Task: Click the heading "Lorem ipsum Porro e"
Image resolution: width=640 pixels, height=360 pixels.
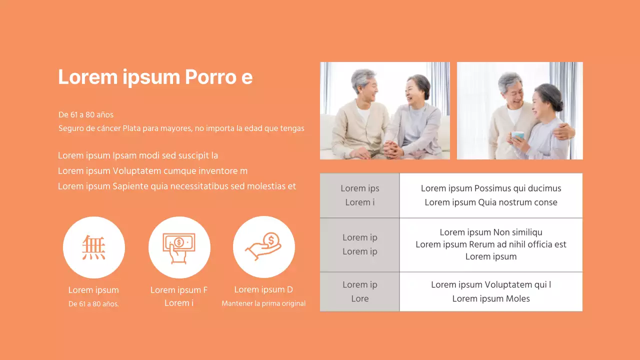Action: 155,77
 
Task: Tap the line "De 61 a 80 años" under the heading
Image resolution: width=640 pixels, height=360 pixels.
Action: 86,115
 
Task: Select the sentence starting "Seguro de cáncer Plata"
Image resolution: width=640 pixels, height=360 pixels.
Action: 181,128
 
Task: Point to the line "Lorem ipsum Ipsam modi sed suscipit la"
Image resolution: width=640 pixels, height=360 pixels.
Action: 138,155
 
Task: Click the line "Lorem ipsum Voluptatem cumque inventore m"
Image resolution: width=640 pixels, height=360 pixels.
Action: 152,171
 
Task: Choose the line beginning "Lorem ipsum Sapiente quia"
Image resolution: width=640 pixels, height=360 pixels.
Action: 177,186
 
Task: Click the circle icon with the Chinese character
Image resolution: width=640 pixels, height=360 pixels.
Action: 94,247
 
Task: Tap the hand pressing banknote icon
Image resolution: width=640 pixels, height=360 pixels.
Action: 179,247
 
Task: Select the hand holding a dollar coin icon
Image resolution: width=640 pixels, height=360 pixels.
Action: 264,247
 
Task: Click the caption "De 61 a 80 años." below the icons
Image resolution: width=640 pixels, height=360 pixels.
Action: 93,304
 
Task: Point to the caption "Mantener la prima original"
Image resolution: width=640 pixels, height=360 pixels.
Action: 263,303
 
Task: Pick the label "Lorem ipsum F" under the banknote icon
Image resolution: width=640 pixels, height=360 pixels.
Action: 179,290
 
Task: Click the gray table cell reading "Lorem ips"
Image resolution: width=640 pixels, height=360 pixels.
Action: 360,188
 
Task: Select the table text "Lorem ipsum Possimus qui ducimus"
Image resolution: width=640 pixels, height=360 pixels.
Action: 491,188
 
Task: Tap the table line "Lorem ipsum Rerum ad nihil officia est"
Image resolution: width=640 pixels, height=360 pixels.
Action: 491,244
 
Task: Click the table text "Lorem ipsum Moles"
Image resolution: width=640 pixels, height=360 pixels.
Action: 491,299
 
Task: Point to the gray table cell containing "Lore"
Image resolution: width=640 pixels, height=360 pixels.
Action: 360,298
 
